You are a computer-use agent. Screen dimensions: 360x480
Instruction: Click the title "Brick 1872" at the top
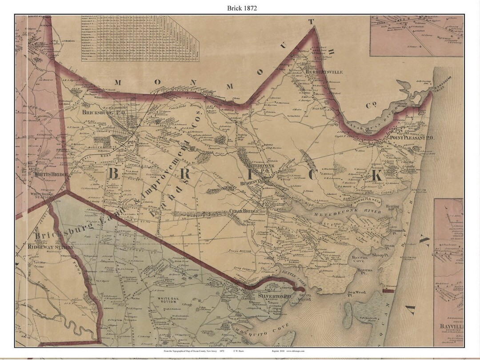click(240, 8)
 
